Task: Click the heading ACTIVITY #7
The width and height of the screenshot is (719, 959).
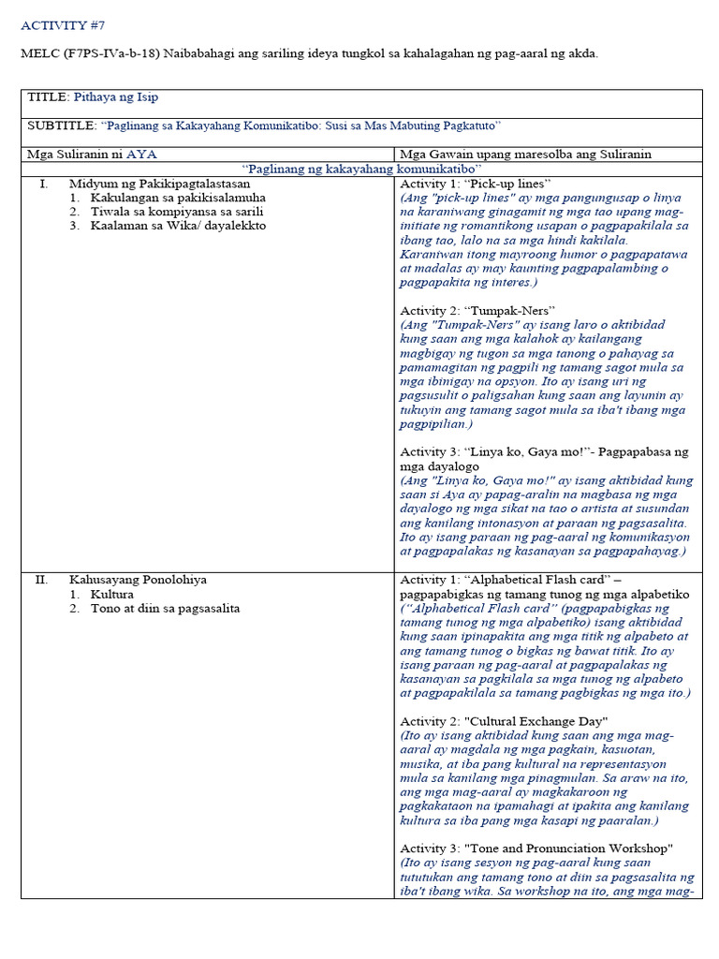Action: click(57, 25)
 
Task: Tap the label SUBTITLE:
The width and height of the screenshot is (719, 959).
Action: click(62, 125)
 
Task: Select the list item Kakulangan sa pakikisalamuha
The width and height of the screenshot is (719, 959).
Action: click(178, 199)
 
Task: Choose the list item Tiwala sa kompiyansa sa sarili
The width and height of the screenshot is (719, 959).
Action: click(177, 212)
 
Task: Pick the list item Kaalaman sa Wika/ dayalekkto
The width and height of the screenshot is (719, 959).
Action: click(178, 226)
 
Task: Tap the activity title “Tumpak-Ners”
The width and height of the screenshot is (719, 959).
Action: click(509, 310)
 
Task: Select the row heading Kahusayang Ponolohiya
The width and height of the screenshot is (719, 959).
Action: click(138, 580)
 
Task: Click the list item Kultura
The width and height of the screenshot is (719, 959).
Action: click(112, 595)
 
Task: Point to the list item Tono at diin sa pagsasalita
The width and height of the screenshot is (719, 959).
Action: click(165, 609)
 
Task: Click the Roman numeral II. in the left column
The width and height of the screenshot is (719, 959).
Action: click(41, 580)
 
